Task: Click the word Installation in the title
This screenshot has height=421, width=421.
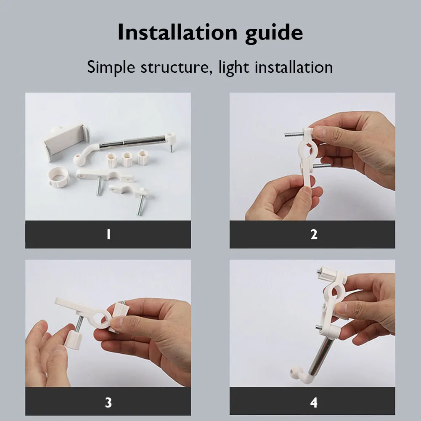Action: (177, 32)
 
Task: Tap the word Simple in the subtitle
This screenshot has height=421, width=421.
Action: (111, 68)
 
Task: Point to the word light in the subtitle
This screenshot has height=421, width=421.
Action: (233, 68)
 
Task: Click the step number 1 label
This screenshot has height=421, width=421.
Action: (109, 234)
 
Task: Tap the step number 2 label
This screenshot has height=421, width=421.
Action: (314, 234)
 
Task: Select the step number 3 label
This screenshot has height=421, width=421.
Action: (109, 402)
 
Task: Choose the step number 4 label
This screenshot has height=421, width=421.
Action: (314, 402)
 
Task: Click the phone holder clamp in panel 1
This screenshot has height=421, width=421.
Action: (66, 141)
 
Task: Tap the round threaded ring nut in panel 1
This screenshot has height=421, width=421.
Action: (58, 177)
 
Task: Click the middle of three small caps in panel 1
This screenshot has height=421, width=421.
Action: (127, 159)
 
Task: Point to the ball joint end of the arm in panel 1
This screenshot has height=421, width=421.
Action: (79, 160)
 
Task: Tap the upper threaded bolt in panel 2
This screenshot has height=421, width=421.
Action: (294, 134)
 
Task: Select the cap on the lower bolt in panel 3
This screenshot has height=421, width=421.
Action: (73, 340)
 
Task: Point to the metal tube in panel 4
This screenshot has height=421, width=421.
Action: (320, 356)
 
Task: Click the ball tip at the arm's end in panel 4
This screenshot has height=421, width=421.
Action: (294, 371)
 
